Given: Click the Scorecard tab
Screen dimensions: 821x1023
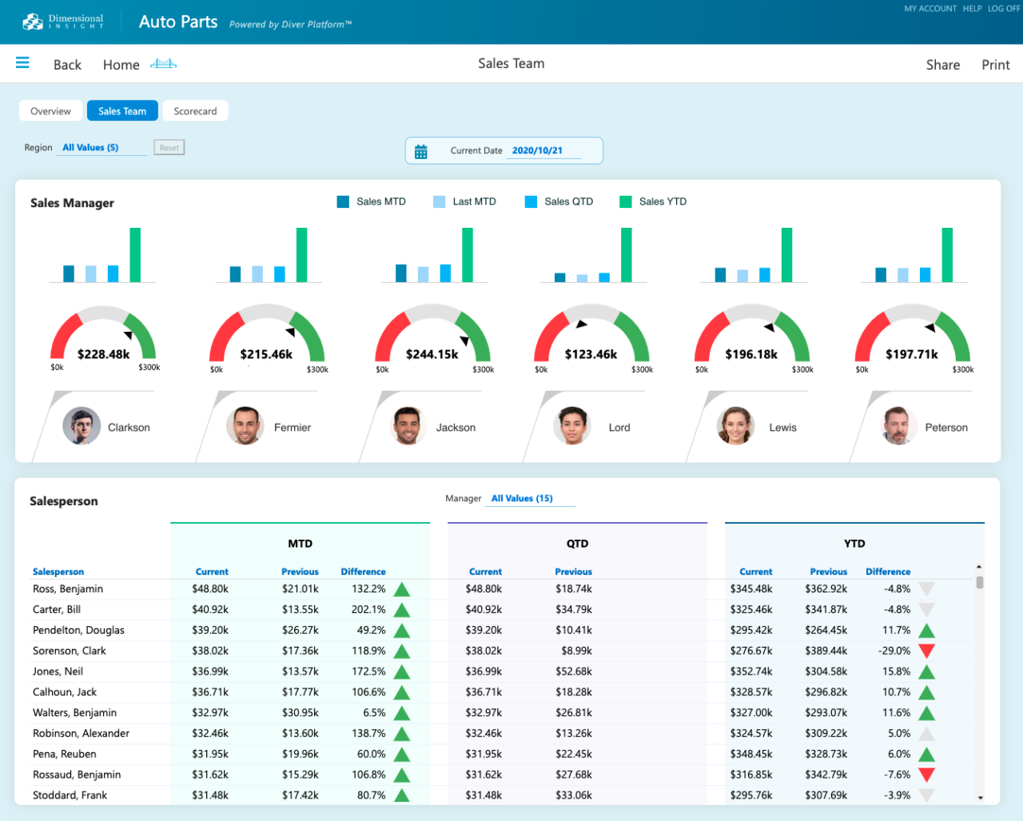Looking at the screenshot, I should point(195,111).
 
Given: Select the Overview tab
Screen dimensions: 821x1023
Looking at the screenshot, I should point(50,111).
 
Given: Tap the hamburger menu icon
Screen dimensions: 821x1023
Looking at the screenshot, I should point(22,63).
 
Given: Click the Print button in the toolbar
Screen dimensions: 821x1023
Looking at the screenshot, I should point(995,65).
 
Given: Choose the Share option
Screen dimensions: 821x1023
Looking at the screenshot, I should point(942,65).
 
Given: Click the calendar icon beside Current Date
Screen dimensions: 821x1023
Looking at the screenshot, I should point(421,151).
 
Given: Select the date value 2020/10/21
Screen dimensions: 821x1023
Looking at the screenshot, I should point(537,150).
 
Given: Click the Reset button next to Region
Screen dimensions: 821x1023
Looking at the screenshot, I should point(169,148).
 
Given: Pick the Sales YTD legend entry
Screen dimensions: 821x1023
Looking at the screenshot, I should point(662,201).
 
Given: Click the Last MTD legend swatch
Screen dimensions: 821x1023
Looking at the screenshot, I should point(439,201).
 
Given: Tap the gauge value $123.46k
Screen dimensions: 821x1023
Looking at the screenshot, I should point(591,354).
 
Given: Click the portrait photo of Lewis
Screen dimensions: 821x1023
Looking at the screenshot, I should point(735,426).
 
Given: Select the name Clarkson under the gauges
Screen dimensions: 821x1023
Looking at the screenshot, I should point(129,428).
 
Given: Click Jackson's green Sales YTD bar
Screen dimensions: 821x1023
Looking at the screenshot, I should point(467,255).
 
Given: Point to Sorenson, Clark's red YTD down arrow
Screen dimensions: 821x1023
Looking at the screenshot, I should point(926,651).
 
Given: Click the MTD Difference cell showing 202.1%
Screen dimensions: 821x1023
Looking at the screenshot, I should point(368,609).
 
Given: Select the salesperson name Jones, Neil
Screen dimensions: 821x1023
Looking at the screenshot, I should point(58,672).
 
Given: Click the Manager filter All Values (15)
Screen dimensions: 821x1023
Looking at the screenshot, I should point(522,498).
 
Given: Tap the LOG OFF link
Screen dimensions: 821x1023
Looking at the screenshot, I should point(1003,9).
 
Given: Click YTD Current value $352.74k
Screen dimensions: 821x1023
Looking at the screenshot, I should point(751,672).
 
